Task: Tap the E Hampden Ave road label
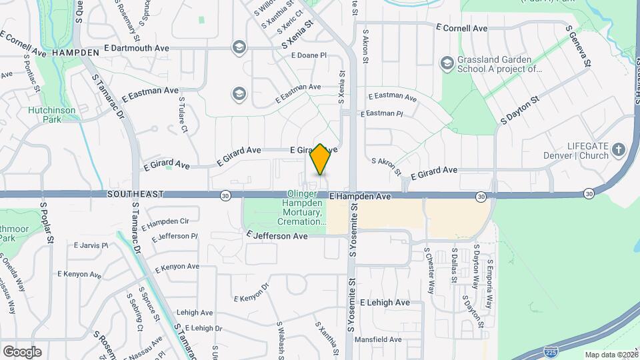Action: (360, 197)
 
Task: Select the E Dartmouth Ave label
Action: (137, 49)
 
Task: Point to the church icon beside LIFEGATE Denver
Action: (619, 149)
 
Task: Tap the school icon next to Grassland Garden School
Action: (447, 64)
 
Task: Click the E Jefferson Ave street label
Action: (277, 236)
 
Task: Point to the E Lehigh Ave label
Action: (385, 302)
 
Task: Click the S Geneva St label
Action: (579, 47)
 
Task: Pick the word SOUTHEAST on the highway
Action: (135, 194)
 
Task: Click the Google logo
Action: (22, 351)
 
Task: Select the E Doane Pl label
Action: (309, 55)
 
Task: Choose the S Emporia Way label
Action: (490, 283)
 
